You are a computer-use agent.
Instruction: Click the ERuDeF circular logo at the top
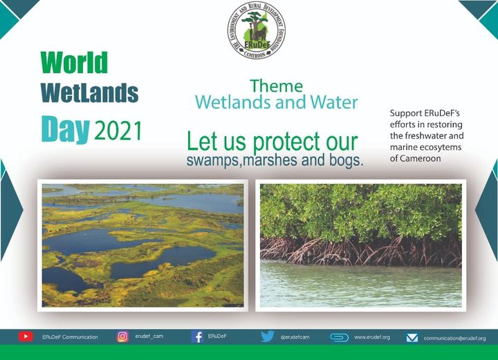coord(257,30)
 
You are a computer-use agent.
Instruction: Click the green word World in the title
coord(74,63)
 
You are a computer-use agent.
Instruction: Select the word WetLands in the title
coord(89,93)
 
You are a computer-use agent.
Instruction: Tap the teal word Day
coord(65,128)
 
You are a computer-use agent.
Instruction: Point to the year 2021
coord(118,130)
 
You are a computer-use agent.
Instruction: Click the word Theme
coord(276,86)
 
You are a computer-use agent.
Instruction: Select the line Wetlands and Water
coord(276,103)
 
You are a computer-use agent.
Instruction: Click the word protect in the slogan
coord(286,142)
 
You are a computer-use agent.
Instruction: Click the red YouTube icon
coord(26,337)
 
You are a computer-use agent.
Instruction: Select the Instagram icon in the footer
coord(122,337)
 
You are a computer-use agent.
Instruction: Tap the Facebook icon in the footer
coord(196,337)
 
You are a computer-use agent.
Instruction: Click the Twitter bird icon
coord(268,337)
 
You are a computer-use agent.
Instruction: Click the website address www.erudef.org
coord(372,337)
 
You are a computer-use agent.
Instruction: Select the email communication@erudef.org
coord(454,339)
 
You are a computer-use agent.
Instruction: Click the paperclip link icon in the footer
coord(339,337)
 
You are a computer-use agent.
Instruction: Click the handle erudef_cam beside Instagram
coord(149,337)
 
